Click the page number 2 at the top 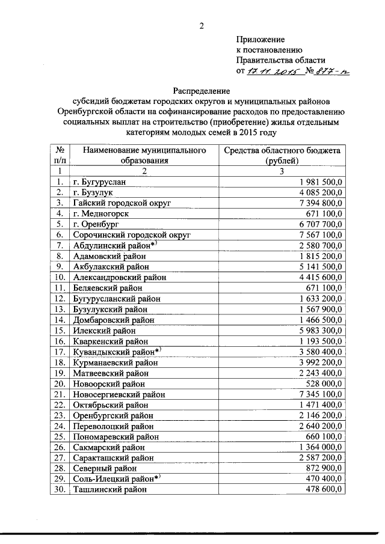click(202, 25)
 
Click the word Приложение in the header click(260, 39)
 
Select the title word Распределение click(202, 90)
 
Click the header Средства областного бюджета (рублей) click(282, 155)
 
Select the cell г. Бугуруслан click(100, 182)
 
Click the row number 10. click(60, 277)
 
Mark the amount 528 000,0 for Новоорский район click(325, 383)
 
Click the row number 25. click(60, 436)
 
